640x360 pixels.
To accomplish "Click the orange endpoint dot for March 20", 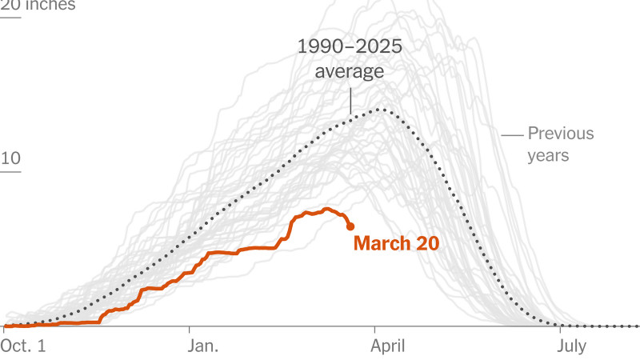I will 350,227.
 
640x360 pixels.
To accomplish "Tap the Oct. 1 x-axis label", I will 25,346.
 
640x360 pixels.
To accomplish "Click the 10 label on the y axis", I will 10,158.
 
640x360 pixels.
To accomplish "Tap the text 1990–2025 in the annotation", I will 350,46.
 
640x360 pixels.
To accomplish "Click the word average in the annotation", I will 350,72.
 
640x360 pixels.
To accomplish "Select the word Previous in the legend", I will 560,134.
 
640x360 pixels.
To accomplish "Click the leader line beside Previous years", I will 511,134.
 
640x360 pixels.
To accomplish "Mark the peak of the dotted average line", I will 382,109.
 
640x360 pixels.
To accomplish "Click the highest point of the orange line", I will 326,209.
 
